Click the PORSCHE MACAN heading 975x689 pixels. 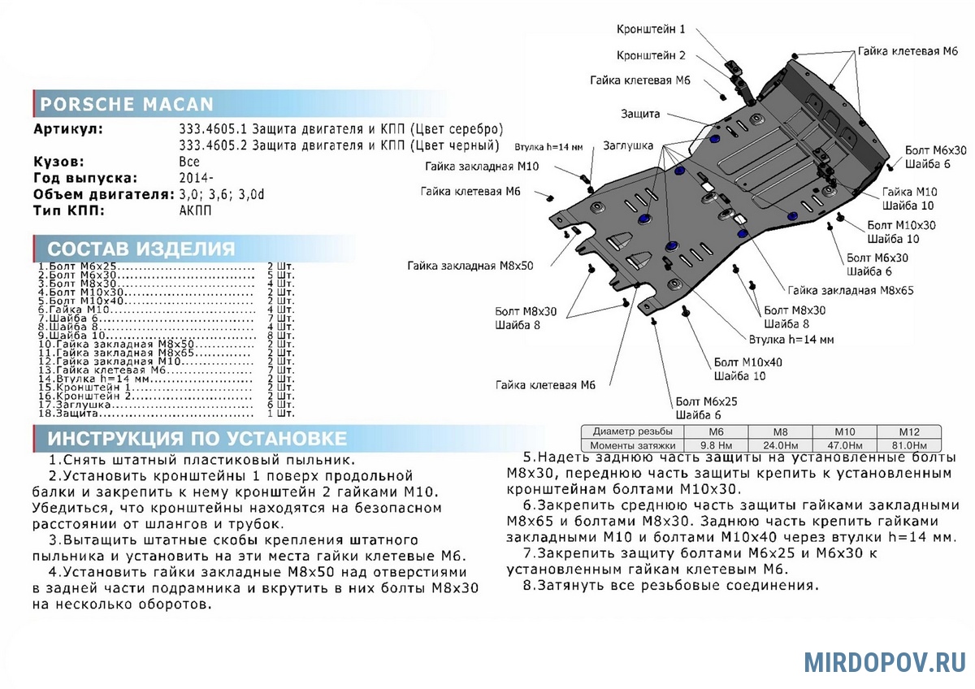click(127, 104)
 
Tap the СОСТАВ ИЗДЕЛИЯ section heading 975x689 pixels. click(141, 249)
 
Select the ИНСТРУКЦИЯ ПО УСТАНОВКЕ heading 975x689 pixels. click(197, 439)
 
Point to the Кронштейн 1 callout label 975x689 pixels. click(651, 29)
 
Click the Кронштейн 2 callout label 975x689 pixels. click(651, 55)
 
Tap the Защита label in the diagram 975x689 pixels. click(641, 114)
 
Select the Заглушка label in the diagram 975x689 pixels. click(628, 146)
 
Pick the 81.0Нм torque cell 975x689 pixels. click(908, 445)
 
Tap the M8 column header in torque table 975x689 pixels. click(779, 431)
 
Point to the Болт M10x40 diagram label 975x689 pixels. click(748, 362)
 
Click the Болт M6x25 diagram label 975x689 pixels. click(706, 401)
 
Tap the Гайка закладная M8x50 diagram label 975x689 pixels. click(470, 266)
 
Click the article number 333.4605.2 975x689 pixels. click(213, 145)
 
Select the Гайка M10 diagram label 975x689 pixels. click(909, 192)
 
